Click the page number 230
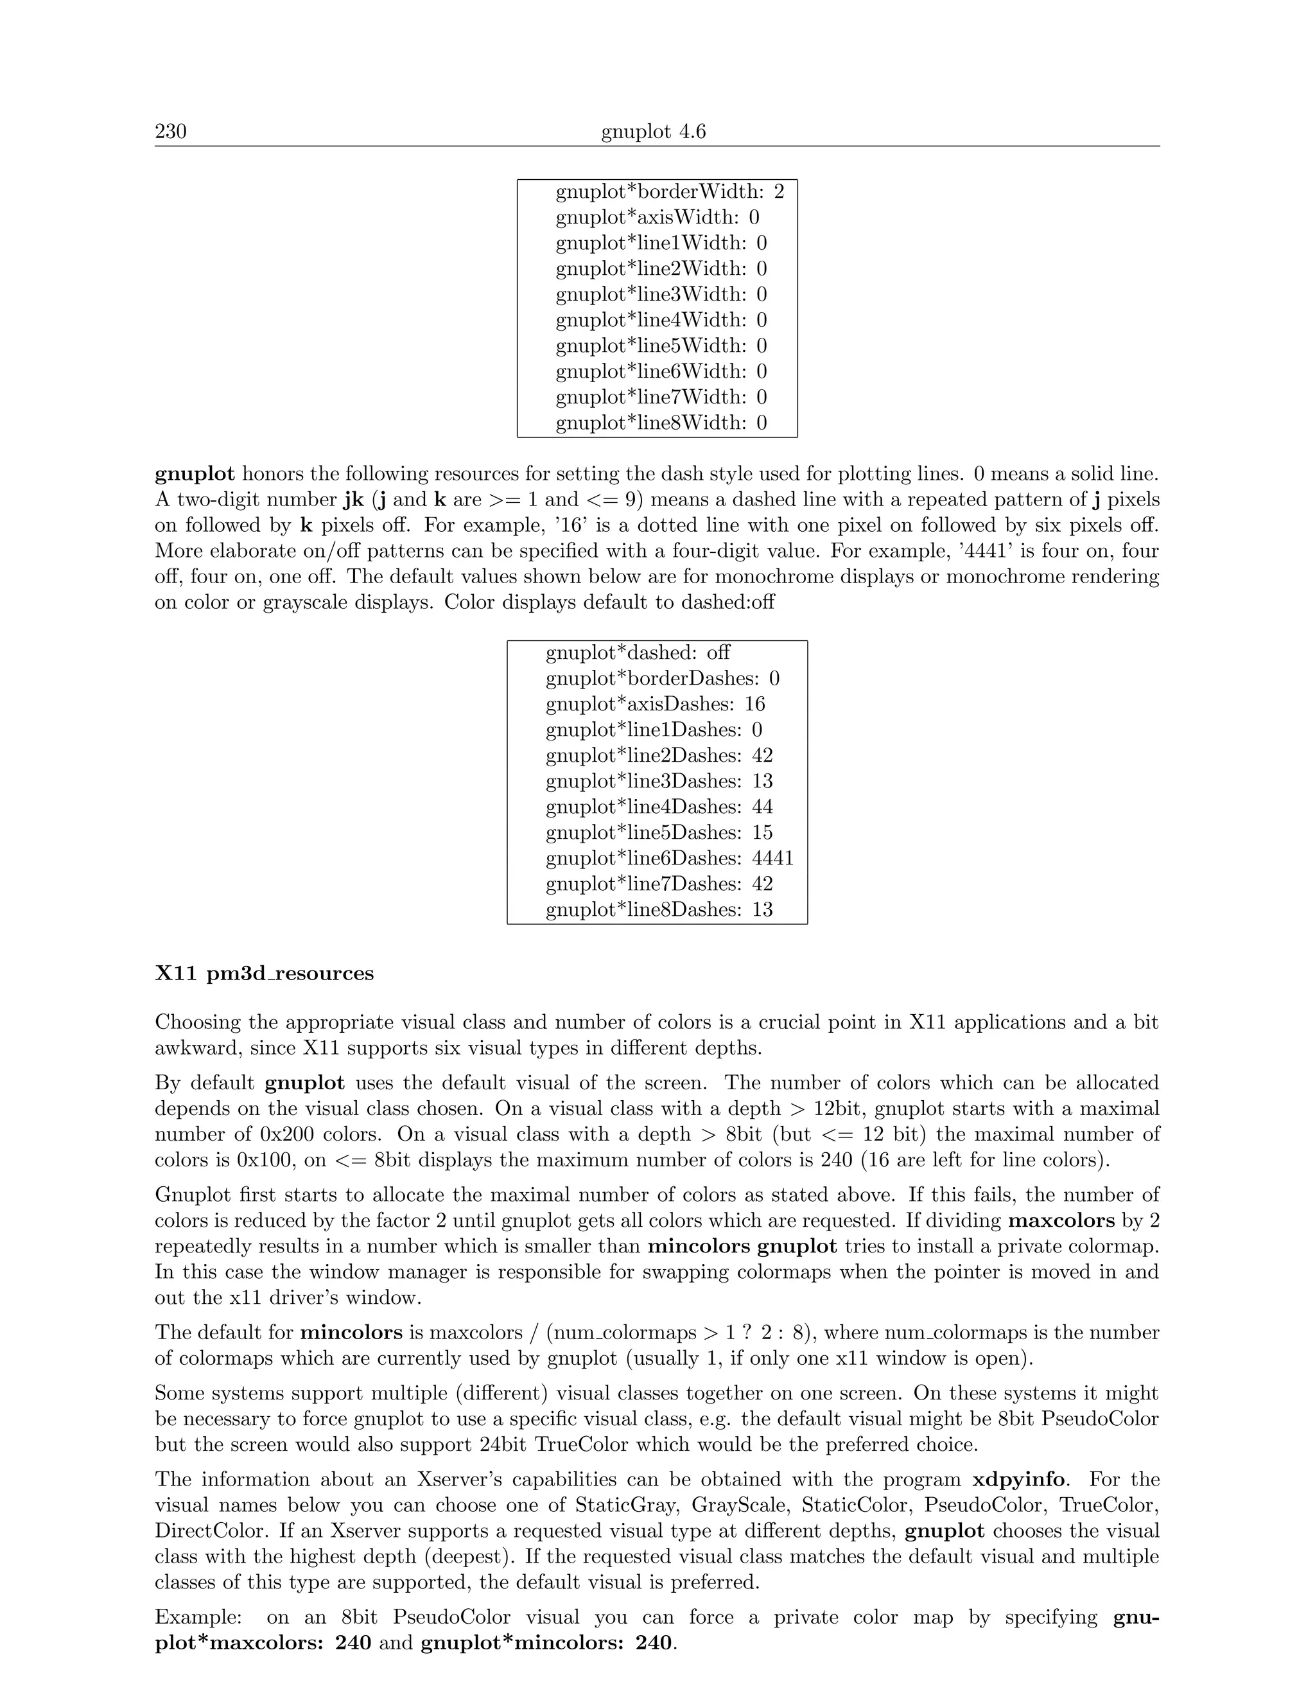tap(171, 132)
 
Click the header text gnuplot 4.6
tap(653, 132)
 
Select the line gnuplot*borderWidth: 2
tap(669, 191)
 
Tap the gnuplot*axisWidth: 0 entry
tap(657, 218)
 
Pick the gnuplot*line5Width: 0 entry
tap(661, 346)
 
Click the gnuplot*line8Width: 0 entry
tap(661, 423)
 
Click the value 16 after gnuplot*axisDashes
tap(754, 705)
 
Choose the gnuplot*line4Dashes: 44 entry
tap(658, 807)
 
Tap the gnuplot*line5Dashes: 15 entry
tap(658, 833)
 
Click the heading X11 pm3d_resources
tap(264, 974)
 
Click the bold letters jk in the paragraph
tap(353, 500)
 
